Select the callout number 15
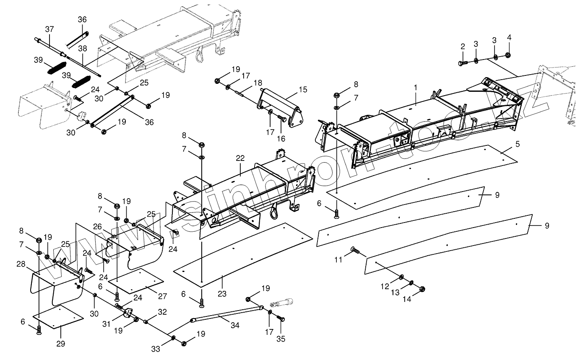click(x=303, y=89)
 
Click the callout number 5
click(x=517, y=144)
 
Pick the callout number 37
click(x=49, y=29)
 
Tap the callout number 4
click(x=509, y=38)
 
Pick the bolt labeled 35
click(x=281, y=320)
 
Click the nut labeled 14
click(x=423, y=288)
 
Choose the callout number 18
click(x=258, y=83)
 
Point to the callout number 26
click(x=97, y=227)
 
